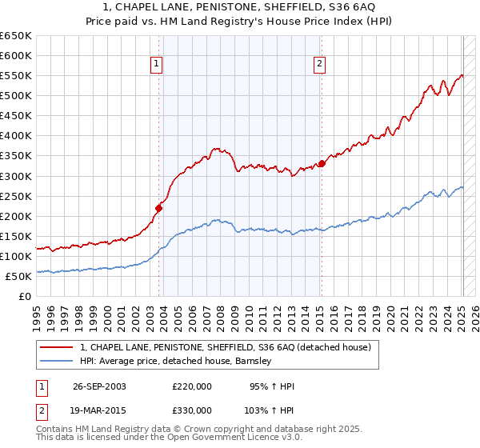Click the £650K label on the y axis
(16, 36)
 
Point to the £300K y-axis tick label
(16, 176)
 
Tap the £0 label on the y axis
(25, 296)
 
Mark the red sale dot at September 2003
(159, 208)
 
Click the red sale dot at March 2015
(322, 164)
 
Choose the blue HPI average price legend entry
(176, 361)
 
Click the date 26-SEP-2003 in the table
(99, 386)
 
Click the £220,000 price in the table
(192, 386)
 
